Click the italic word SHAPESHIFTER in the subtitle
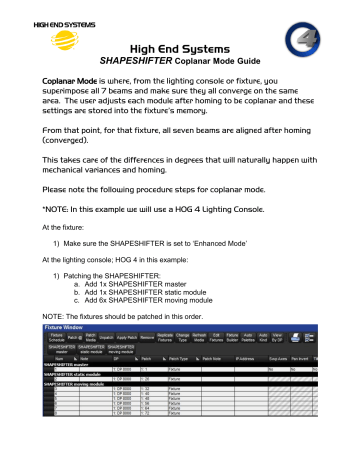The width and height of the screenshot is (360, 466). click(135, 60)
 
